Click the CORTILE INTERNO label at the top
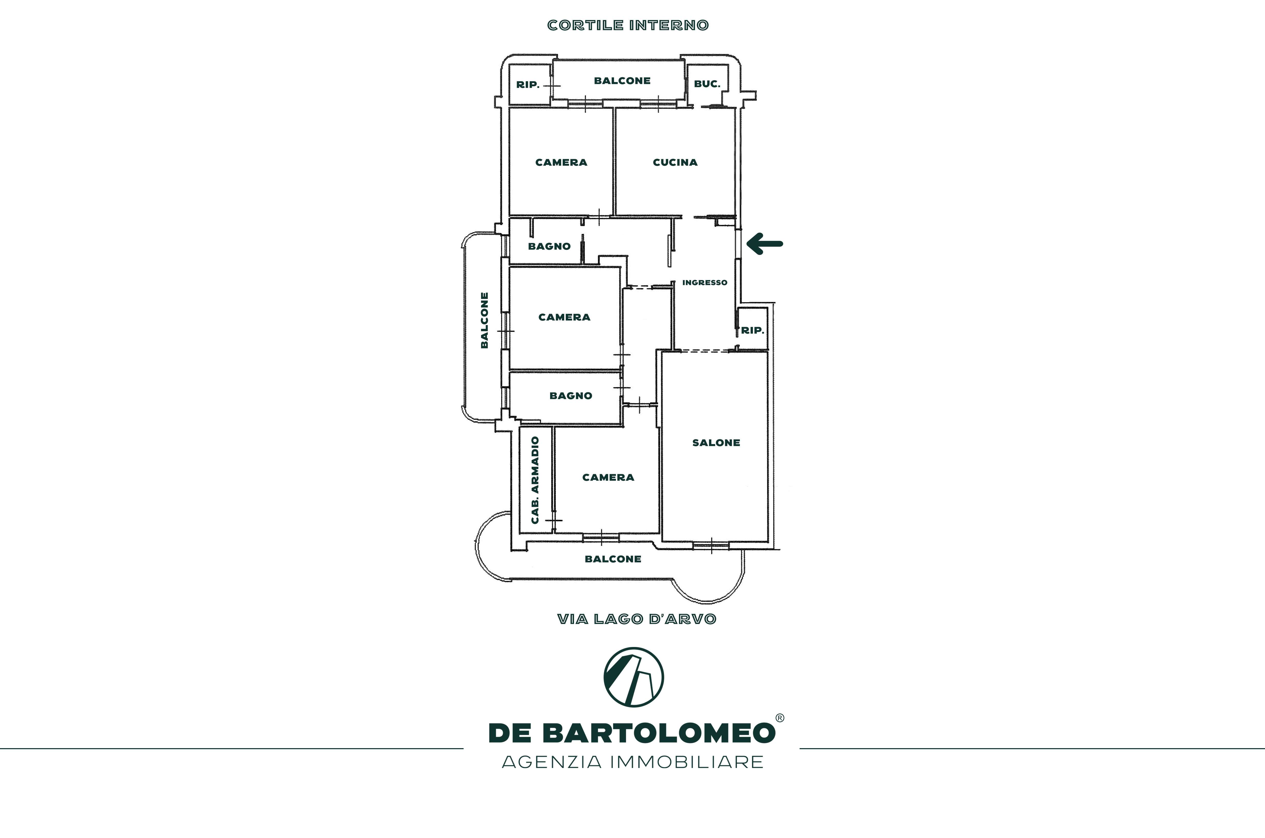628,25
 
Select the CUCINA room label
675,163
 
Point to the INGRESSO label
705,283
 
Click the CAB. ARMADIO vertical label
535,480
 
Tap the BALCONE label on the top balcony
622,81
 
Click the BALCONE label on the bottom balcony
613,559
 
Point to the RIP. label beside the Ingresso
752,330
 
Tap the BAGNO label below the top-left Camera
549,246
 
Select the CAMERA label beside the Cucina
561,163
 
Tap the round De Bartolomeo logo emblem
634,677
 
